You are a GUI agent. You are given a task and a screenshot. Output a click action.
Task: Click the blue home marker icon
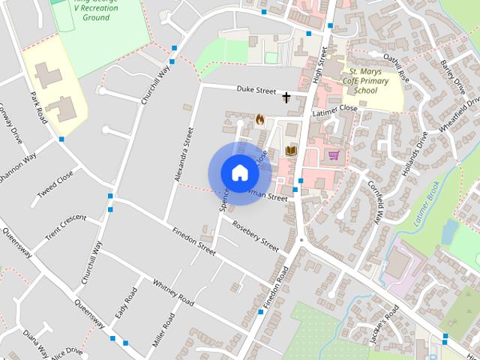point(239,172)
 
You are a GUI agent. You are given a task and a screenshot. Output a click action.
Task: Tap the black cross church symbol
point(286,97)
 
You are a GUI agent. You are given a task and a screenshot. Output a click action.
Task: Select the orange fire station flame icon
point(260,119)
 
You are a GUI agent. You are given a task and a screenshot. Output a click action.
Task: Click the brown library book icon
point(291,151)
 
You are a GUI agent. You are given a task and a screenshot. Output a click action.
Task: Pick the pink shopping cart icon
point(334,155)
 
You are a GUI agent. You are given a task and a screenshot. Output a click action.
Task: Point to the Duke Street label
point(256,90)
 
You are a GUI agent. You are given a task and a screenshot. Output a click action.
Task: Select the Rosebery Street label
point(256,236)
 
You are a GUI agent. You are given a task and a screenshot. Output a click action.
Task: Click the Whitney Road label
point(173,292)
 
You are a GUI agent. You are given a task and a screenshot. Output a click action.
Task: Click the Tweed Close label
point(55,188)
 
